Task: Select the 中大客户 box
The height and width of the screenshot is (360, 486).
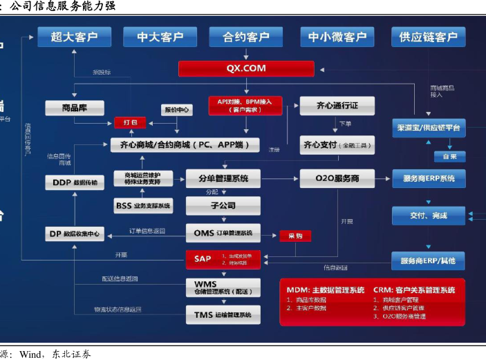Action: pos(160,37)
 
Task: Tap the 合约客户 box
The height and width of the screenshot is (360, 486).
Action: pos(246,37)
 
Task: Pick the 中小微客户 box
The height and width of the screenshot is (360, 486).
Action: pos(337,37)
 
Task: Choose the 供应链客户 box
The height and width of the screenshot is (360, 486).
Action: pos(429,37)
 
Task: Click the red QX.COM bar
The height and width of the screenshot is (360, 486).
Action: pos(246,69)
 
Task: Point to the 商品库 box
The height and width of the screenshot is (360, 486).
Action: pos(75,108)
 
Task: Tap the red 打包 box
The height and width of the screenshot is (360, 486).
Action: pos(130,122)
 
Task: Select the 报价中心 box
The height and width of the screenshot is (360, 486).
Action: pos(176,110)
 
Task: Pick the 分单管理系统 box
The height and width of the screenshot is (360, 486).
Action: pos(223,178)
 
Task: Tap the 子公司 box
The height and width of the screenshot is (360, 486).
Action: pos(223,205)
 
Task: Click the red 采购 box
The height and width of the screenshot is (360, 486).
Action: pos(295,236)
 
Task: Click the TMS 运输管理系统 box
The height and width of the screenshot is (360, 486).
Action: pos(223,315)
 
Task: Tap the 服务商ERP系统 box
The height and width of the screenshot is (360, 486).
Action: pos(429,178)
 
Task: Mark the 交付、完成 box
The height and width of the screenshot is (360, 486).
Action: pos(429,216)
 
